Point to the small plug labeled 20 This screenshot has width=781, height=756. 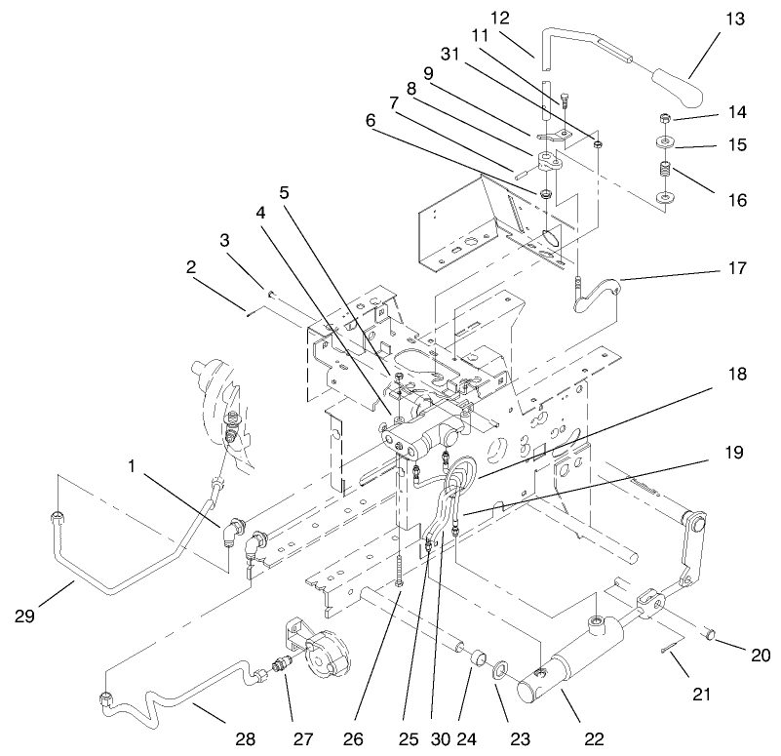click(711, 636)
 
